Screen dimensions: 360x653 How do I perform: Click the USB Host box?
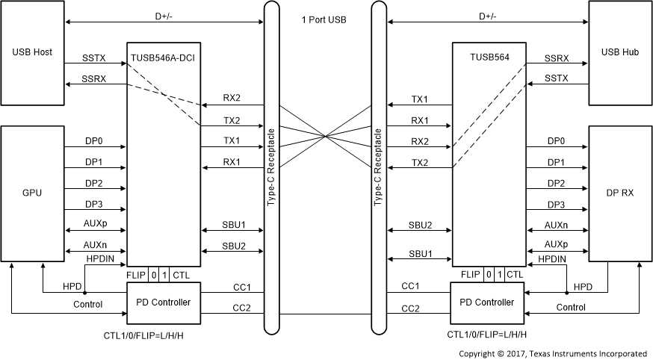[32, 53]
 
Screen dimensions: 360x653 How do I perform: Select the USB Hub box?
[619, 53]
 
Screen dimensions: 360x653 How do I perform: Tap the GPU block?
[32, 193]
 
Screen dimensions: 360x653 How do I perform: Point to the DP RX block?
[619, 193]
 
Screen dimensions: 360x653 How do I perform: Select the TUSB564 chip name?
[489, 56]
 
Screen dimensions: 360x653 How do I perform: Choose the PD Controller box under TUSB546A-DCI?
[163, 302]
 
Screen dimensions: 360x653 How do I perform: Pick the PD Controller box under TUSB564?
[489, 302]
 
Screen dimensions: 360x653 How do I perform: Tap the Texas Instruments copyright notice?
[552, 353]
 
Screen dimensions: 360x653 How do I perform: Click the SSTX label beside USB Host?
[95, 57]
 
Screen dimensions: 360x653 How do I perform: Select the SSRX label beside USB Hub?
[557, 57]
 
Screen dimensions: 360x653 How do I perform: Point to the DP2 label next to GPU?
[95, 183]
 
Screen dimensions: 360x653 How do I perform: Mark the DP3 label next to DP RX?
[556, 205]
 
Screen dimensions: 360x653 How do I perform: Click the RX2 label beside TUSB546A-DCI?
[232, 98]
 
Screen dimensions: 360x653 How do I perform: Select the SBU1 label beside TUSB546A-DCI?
[232, 224]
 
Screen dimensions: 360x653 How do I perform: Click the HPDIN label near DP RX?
[551, 258]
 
